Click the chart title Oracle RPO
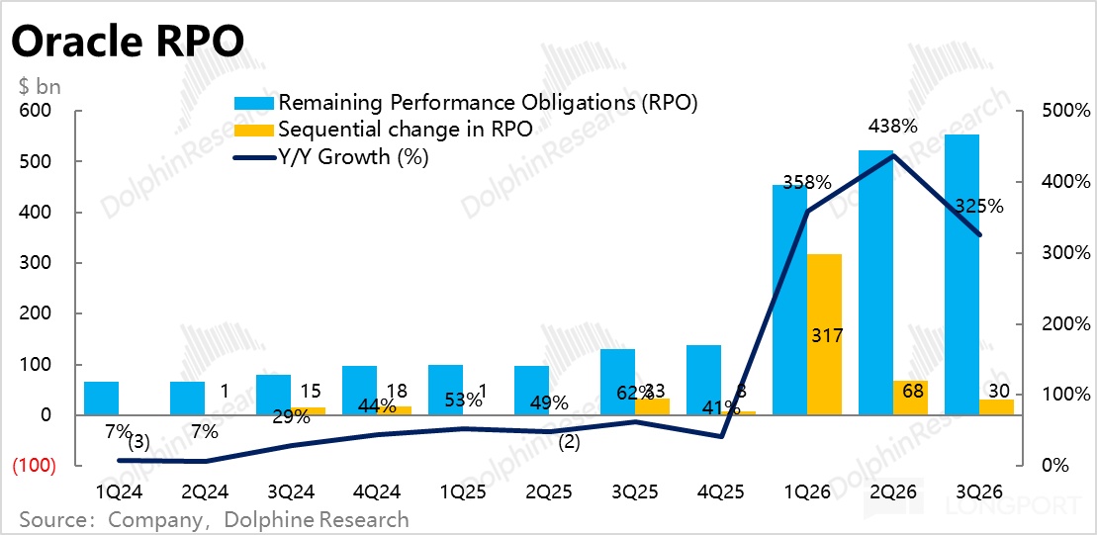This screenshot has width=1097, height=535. (x=127, y=42)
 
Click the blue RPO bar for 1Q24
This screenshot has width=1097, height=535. (x=101, y=398)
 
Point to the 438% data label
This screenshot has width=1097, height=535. (x=893, y=127)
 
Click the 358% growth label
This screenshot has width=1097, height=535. (x=806, y=183)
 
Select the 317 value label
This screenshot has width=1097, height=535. (x=825, y=335)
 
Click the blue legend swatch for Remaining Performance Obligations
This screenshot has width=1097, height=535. (x=253, y=103)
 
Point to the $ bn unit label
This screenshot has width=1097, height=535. (x=40, y=86)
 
